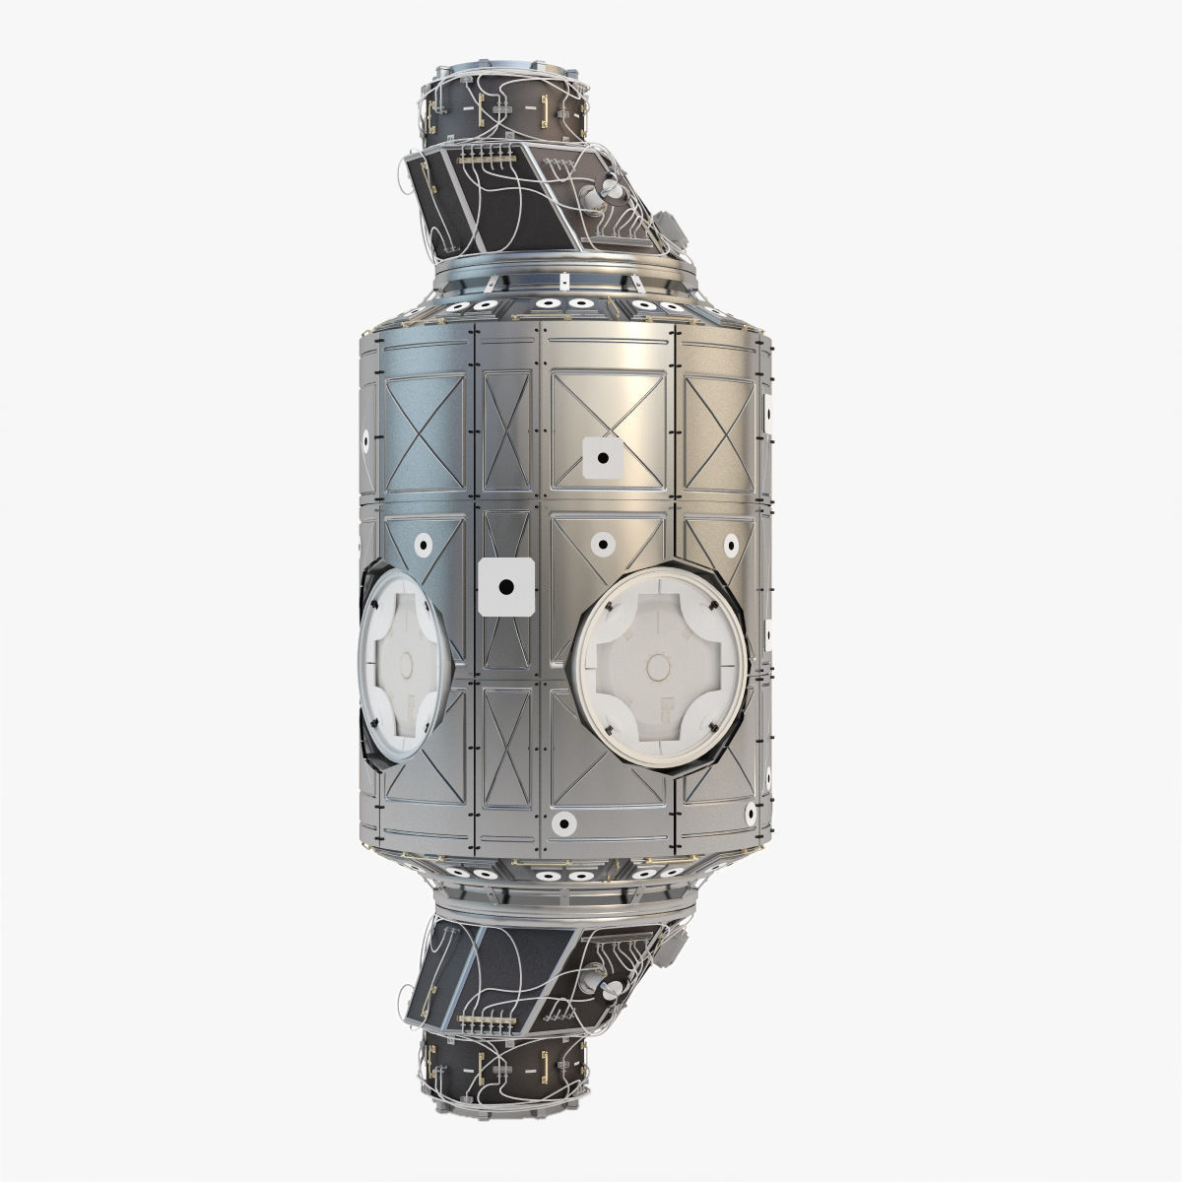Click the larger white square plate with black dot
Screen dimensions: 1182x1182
pyautogui.click(x=505, y=587)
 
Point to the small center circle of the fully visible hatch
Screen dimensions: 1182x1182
pyautogui.click(x=654, y=663)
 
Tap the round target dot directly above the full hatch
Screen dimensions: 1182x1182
pyautogui.click(x=599, y=543)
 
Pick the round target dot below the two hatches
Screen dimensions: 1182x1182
pyautogui.click(x=565, y=822)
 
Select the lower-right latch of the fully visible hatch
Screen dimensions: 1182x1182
pyautogui.click(x=708, y=727)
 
